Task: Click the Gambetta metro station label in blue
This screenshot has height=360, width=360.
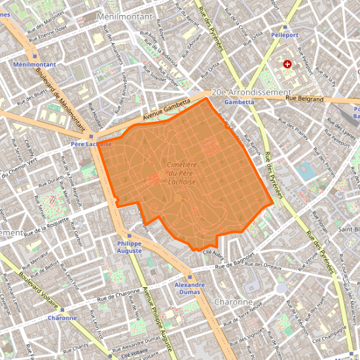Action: [x=239, y=102]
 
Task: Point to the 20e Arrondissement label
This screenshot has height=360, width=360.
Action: [x=250, y=92]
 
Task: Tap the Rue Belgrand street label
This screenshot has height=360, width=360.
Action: [x=304, y=99]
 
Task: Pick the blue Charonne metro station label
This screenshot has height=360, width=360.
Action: [x=62, y=318]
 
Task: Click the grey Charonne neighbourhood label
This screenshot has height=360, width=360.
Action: [x=233, y=302]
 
